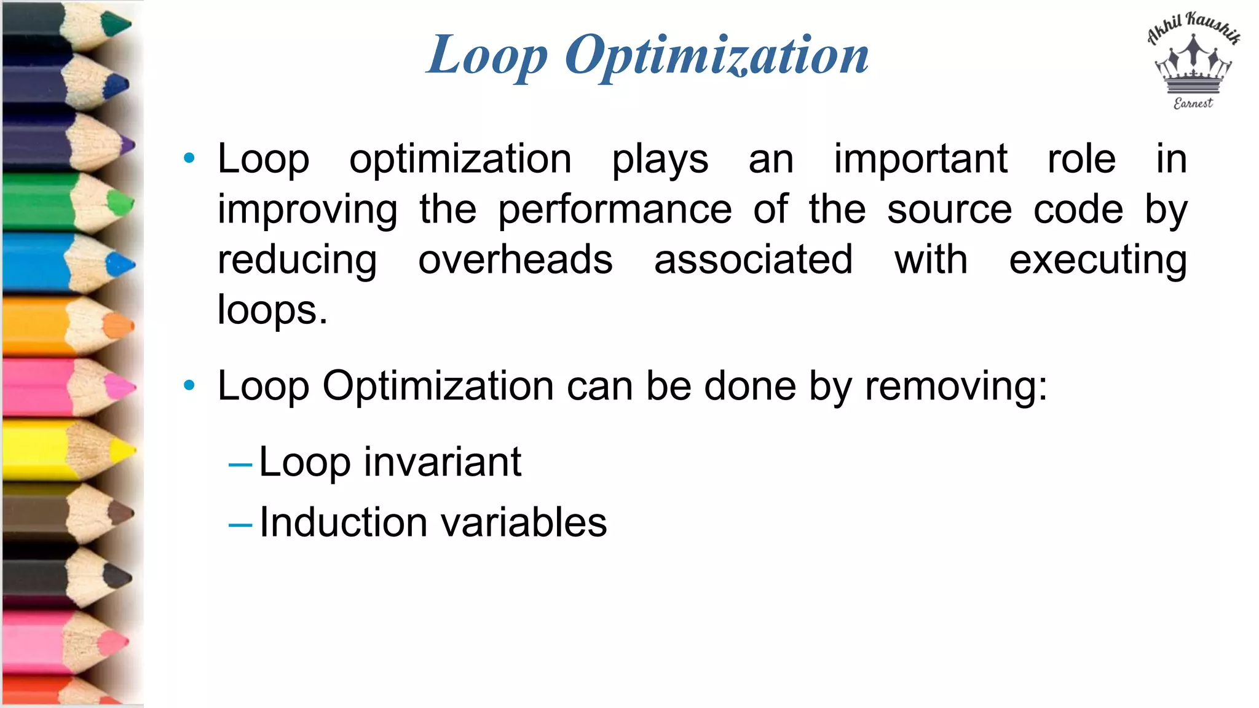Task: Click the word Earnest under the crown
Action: (x=1193, y=103)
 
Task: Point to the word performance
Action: (x=615, y=210)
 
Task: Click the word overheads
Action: (x=515, y=259)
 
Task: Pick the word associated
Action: (x=753, y=259)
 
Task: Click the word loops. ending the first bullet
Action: (x=272, y=310)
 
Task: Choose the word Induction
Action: (x=343, y=522)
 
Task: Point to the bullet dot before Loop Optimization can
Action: (x=189, y=386)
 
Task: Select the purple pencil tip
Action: (x=127, y=146)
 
